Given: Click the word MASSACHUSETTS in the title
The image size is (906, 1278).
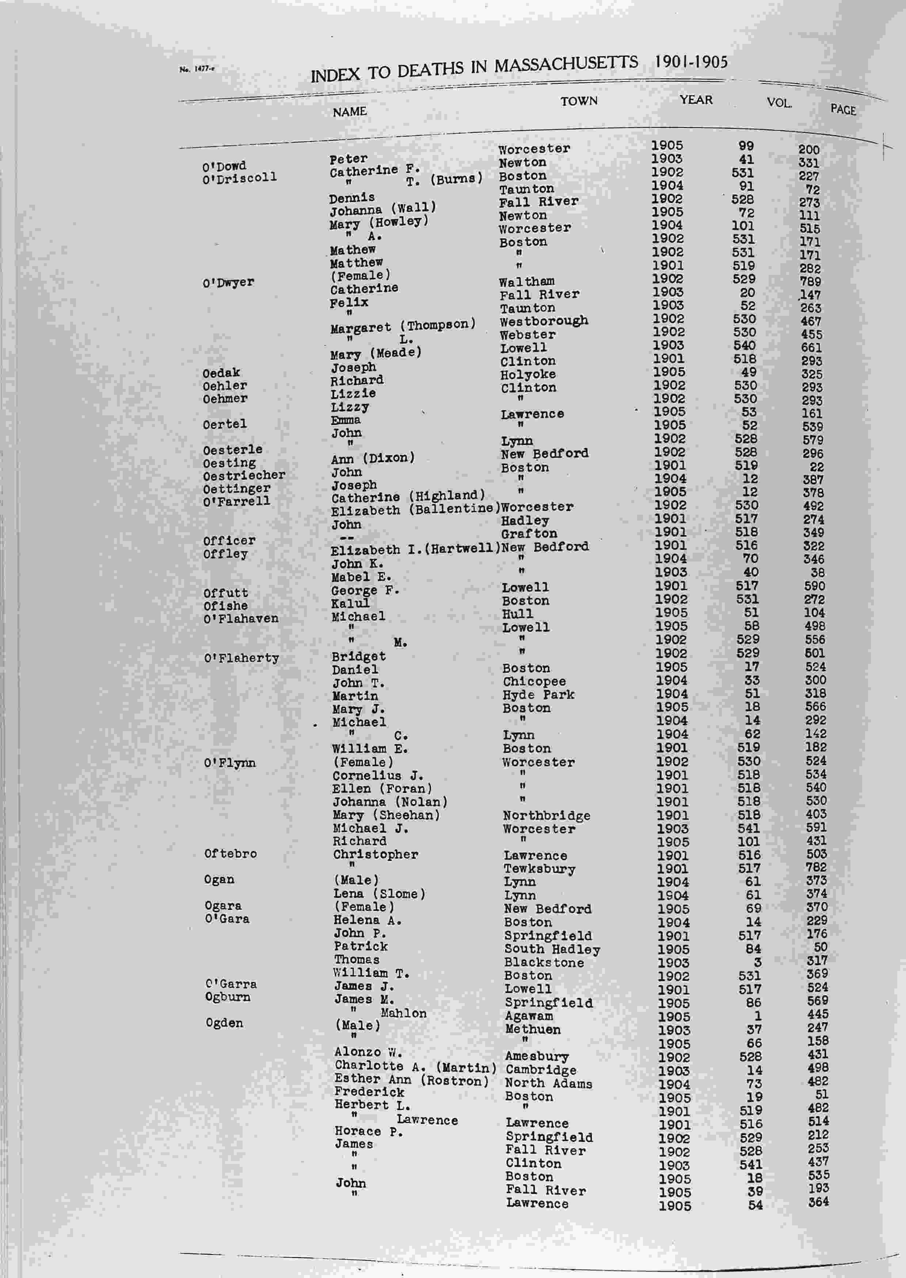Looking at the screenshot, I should [x=566, y=64].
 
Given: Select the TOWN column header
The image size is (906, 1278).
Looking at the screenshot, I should [x=579, y=101].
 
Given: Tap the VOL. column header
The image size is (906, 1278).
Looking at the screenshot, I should [x=779, y=103].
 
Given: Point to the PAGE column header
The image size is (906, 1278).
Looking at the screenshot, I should [x=842, y=109].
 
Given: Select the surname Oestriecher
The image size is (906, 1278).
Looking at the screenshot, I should [x=244, y=476].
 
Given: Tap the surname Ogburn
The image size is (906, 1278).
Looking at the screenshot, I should [x=227, y=997].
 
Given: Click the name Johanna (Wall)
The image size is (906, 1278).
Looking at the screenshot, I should [x=383, y=210].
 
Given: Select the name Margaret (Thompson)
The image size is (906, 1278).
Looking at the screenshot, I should [x=403, y=326].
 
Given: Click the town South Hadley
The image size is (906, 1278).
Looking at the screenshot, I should [x=552, y=949].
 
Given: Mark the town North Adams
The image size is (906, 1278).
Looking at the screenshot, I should [x=548, y=1083].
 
